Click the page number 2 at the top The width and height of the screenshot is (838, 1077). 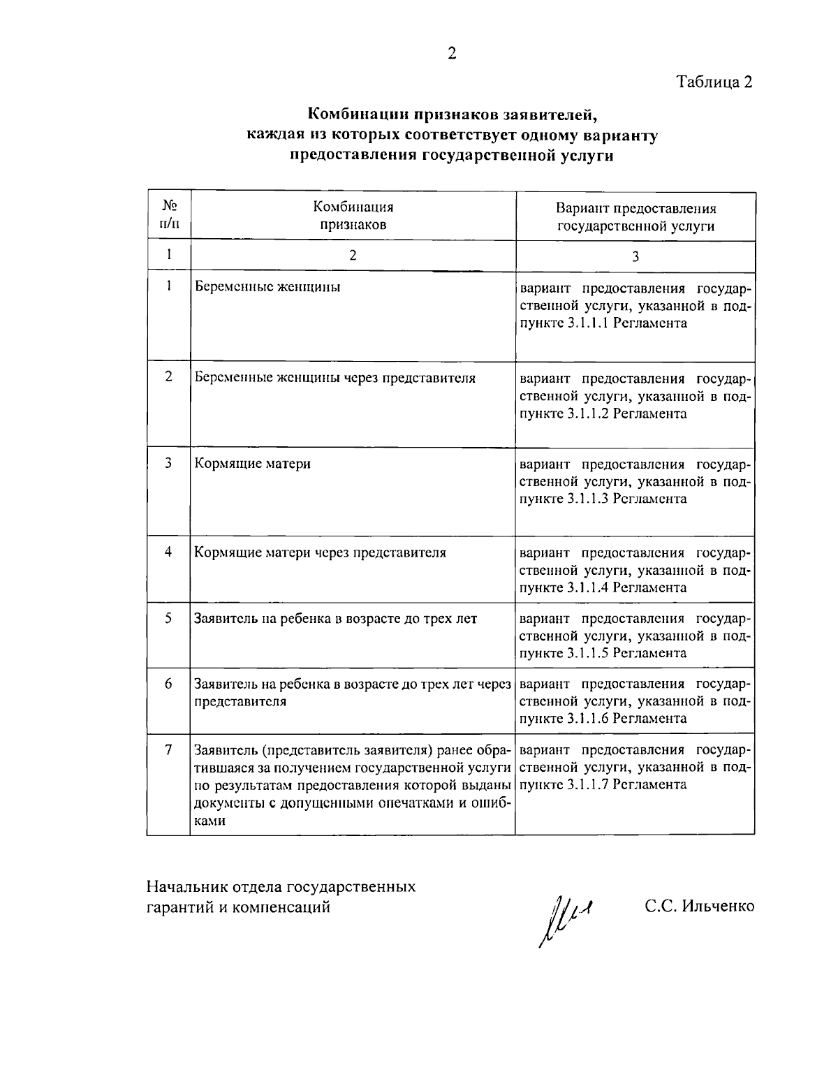point(451,54)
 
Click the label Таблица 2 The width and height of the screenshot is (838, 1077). point(714,82)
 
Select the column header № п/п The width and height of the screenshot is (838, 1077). point(168,215)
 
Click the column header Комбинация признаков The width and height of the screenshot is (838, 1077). point(353,215)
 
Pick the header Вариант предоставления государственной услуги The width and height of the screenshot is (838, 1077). point(635,217)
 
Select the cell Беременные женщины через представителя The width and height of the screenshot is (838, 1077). point(335,378)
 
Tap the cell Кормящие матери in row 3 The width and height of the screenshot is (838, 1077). point(252,463)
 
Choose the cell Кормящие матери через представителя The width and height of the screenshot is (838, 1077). point(320,552)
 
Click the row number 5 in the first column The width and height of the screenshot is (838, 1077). point(168,618)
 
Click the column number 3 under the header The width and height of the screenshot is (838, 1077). point(635,256)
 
